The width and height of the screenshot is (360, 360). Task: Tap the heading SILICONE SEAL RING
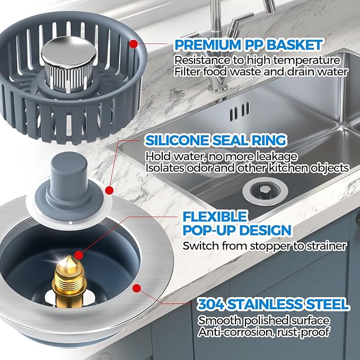point(216,141)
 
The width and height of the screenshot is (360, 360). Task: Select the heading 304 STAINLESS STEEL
point(273,304)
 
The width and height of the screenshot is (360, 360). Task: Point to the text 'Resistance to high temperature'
point(257,59)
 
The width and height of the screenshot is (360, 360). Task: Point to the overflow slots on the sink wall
point(238,112)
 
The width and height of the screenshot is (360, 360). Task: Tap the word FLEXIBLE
point(207,217)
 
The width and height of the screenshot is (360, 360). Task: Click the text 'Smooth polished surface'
point(264,321)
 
